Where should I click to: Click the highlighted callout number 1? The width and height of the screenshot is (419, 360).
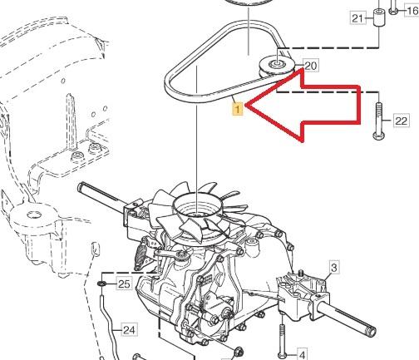point(238,109)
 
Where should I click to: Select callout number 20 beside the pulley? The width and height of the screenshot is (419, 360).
point(311,66)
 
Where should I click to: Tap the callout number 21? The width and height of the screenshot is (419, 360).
point(357,18)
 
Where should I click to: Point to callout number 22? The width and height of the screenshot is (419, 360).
point(402,121)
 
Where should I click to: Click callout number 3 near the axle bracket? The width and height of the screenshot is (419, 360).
point(334,268)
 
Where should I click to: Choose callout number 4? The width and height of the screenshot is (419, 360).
point(302,354)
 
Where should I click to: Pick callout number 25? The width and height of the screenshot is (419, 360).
point(124,284)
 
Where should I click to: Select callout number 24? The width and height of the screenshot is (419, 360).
point(129,330)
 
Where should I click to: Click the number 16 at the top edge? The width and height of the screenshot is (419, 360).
point(412,11)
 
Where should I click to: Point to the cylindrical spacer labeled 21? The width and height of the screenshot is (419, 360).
point(378,17)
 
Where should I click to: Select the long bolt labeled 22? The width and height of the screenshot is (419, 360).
point(379,121)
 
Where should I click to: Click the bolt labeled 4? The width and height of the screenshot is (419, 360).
point(282,340)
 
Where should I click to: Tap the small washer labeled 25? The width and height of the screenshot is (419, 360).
point(101,284)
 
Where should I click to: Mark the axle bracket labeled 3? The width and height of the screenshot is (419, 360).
point(303,293)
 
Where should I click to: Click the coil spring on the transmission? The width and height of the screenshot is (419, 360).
point(140,254)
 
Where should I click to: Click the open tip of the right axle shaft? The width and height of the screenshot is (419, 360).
point(372,330)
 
